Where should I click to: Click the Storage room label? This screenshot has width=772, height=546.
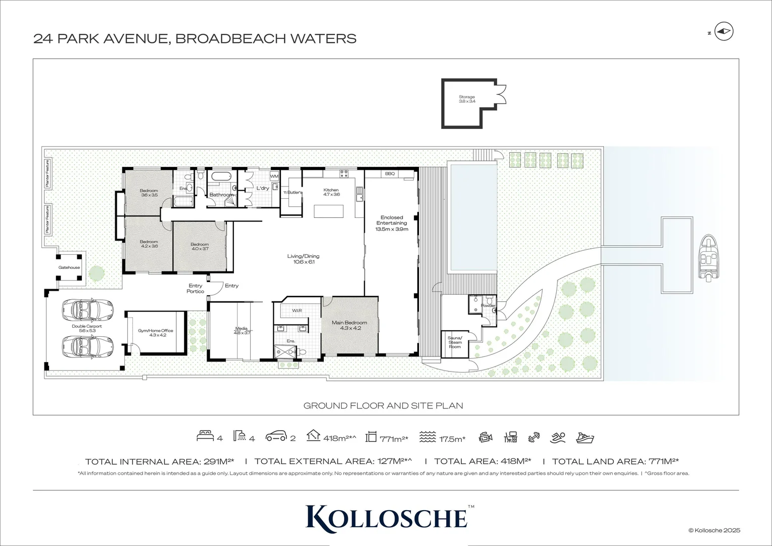[466, 99]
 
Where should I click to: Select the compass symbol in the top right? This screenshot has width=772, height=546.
[725, 32]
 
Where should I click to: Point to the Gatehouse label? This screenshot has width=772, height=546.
[69, 267]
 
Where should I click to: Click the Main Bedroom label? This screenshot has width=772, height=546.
[349, 325]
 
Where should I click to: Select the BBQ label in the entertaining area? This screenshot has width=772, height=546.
[390, 173]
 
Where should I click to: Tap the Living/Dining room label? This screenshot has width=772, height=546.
[303, 259]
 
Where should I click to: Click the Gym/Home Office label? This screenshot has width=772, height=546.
[156, 333]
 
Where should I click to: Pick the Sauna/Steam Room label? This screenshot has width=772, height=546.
[455, 342]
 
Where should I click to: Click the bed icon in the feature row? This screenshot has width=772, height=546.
[205, 437]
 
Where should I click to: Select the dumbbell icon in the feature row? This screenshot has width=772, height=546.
[534, 437]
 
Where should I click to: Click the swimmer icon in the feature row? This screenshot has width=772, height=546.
[558, 437]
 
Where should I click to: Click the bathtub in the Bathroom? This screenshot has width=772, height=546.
[220, 177]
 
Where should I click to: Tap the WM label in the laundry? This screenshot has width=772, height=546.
[274, 176]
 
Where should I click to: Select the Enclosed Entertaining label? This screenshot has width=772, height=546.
[392, 223]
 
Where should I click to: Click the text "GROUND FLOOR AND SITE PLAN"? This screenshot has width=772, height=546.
[383, 405]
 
